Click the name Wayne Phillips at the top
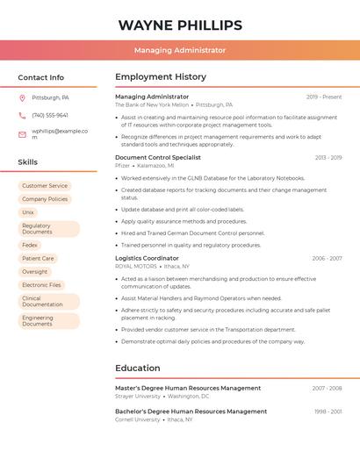tap(180, 25)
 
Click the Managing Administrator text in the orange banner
tap(180, 51)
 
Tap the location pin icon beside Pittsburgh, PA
tap(22, 97)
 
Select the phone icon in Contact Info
tap(22, 115)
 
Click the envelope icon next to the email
tap(22, 134)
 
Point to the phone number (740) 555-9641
tap(49, 115)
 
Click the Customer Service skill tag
tap(44, 186)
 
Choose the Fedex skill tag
tap(30, 246)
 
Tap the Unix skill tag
tap(28, 212)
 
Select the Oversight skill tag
tap(34, 272)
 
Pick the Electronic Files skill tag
tap(41, 285)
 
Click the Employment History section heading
tap(160, 77)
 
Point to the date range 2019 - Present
tap(324, 97)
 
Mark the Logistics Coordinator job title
tap(147, 259)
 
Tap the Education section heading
tap(138, 368)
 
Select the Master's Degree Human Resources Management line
tap(188, 388)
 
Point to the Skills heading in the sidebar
tap(27, 162)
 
